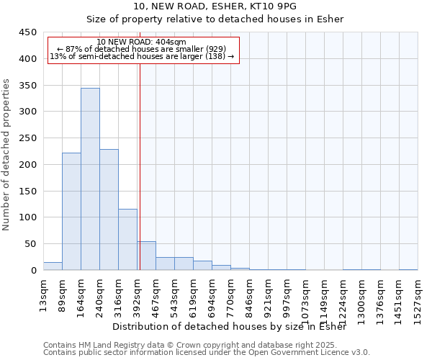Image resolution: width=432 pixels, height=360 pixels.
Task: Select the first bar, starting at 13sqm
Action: (53, 266)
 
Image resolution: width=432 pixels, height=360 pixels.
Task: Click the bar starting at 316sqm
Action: (127, 239)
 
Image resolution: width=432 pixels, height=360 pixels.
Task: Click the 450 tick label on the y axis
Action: (27, 32)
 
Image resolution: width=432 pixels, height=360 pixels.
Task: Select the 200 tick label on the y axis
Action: (27, 165)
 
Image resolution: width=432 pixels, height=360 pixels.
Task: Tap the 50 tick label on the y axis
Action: (30, 244)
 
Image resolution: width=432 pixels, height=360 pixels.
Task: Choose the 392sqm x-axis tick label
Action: (138, 293)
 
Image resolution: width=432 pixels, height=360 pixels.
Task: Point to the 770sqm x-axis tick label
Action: (231, 293)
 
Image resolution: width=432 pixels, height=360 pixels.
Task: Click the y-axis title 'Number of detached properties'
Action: (7, 155)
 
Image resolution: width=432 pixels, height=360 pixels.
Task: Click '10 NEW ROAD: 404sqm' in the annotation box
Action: (141, 42)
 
